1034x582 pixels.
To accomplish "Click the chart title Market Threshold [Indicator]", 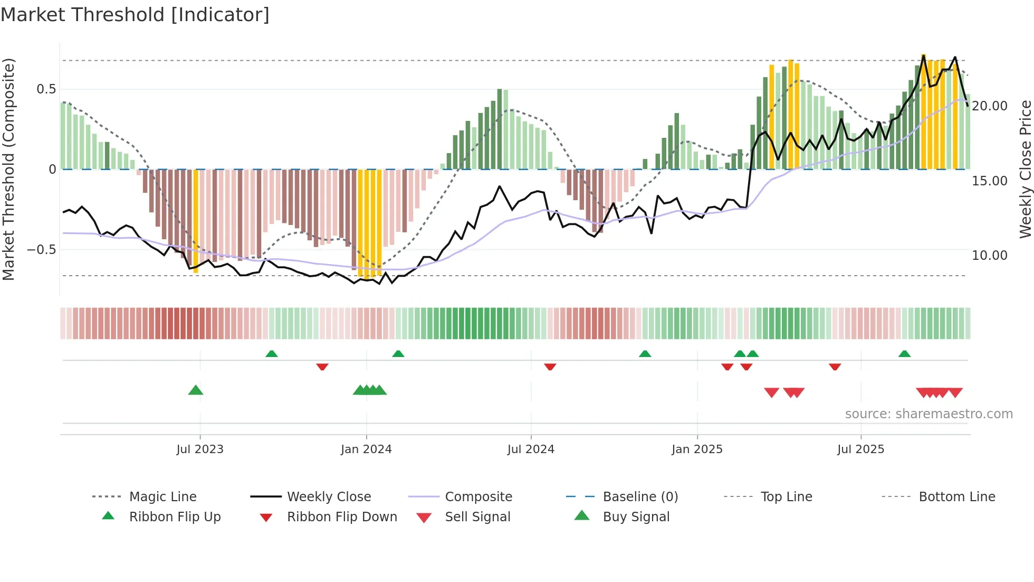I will pos(135,15).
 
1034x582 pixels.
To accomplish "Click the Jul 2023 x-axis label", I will pos(200,449).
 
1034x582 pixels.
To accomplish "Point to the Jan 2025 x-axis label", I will pos(697,449).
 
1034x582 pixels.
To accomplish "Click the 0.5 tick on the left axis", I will pos(46,89).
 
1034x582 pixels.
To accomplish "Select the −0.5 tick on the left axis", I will pos(42,250).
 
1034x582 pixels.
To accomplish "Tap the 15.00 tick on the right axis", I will pos(989,181).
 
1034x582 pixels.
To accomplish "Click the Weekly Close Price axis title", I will pos(1025,169).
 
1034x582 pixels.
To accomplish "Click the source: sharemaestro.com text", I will pos(928,414).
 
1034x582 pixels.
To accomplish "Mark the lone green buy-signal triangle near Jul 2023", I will pos(196,390).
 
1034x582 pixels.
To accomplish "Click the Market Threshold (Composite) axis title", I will pos(8,169).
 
